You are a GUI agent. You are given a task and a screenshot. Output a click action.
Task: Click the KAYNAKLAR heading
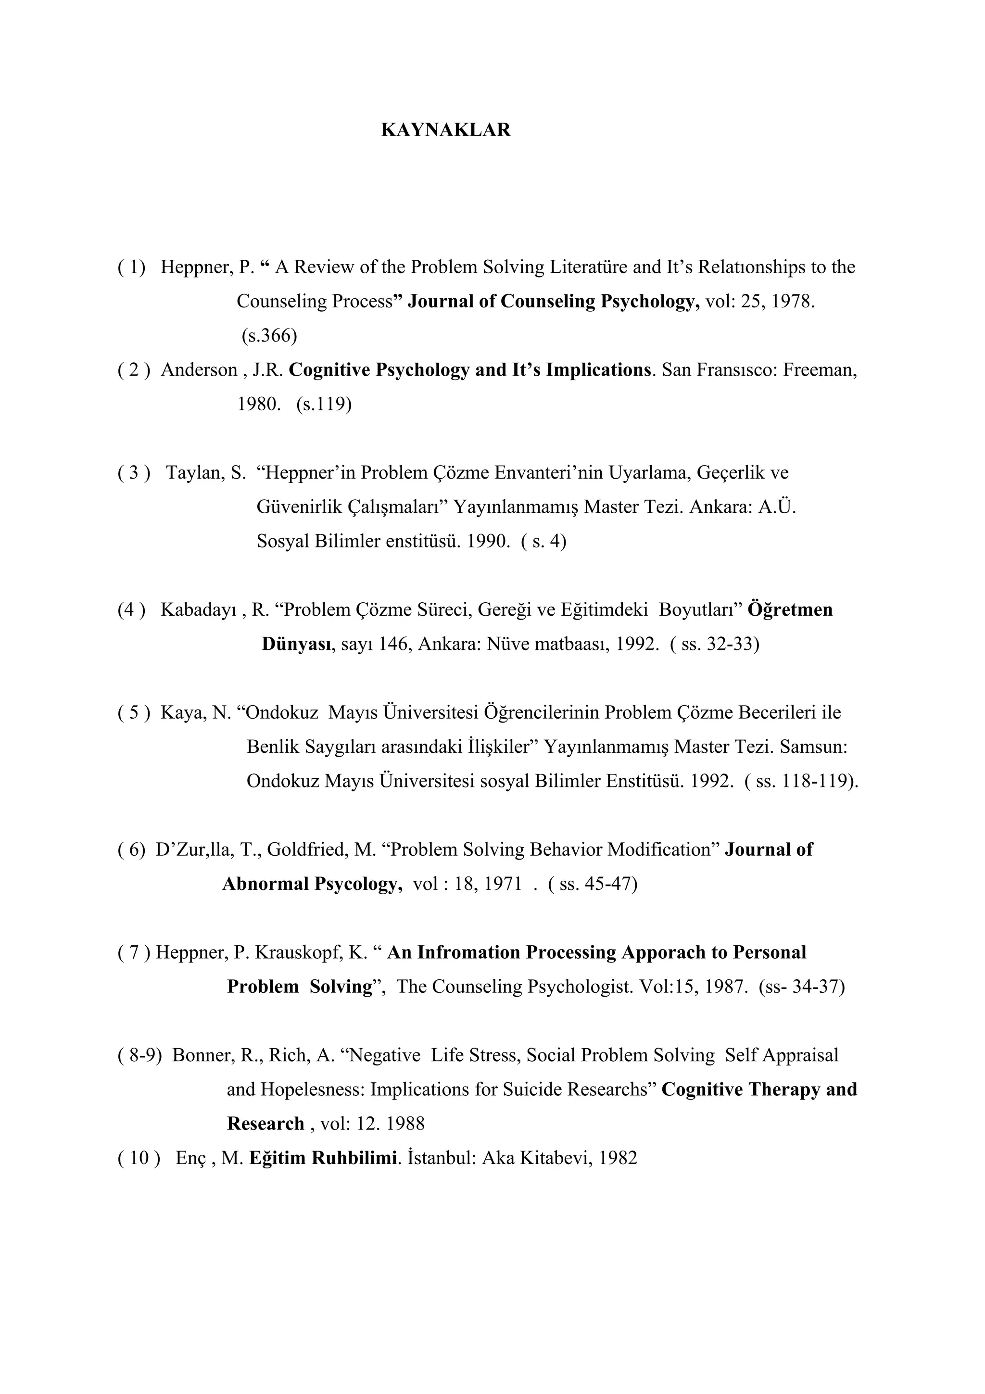tap(445, 130)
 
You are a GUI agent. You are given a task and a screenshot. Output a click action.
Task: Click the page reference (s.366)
tap(269, 335)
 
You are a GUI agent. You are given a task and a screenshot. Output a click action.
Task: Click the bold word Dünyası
tap(296, 644)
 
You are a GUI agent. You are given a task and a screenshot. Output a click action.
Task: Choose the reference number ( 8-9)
tap(139, 1055)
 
